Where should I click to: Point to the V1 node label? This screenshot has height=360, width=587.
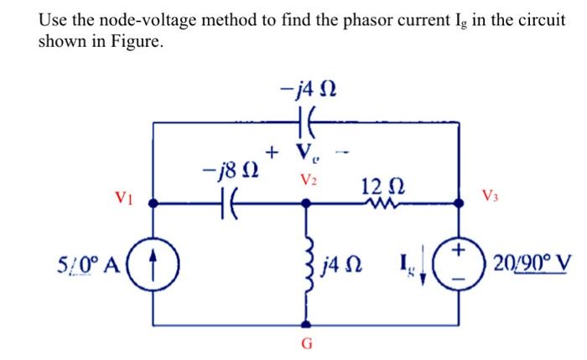[x=122, y=198]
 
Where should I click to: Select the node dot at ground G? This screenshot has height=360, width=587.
[x=308, y=323]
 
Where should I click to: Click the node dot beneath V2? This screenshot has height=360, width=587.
[x=308, y=202]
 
